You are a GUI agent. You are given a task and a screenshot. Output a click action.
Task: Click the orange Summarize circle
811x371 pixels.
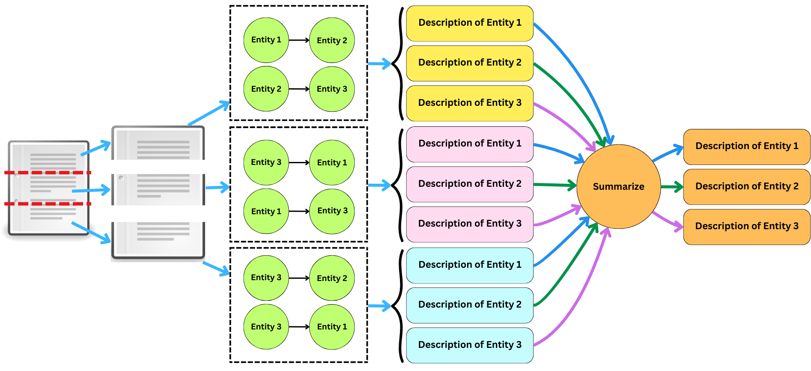pos(618,186)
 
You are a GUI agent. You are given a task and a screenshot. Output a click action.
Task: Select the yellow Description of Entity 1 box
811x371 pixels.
pos(469,23)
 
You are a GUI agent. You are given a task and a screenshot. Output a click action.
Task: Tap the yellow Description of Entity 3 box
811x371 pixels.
pos(469,103)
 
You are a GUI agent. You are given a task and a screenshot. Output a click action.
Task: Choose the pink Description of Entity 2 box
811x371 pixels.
pos(469,184)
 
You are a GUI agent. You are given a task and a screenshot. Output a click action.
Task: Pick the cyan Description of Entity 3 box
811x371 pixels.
pos(469,345)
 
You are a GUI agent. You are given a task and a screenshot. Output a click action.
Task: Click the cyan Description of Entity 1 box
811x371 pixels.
pos(469,265)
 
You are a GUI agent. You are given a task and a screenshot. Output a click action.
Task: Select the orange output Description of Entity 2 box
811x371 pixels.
pos(746,186)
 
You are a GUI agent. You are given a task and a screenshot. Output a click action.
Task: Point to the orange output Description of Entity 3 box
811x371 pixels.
pos(746,227)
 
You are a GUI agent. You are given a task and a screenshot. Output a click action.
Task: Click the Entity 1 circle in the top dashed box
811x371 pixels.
pos(266,40)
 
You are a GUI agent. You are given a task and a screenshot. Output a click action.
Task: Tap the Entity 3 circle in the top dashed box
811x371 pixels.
pos(332,89)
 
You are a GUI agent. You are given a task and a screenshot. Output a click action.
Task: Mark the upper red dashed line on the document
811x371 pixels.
pos(48,173)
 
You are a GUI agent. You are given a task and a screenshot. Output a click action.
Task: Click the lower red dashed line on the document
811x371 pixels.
pos(48,203)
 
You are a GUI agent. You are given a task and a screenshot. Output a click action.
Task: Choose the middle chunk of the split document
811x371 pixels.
pos(158,189)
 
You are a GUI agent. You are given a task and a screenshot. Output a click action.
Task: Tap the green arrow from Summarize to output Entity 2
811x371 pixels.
pos(671,187)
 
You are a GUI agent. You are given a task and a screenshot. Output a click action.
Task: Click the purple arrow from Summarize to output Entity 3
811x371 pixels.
pos(668,219)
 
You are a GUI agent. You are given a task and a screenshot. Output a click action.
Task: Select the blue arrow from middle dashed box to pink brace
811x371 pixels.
pos(379,185)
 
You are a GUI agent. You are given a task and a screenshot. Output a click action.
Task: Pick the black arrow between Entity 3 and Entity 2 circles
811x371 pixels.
pos(298,278)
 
